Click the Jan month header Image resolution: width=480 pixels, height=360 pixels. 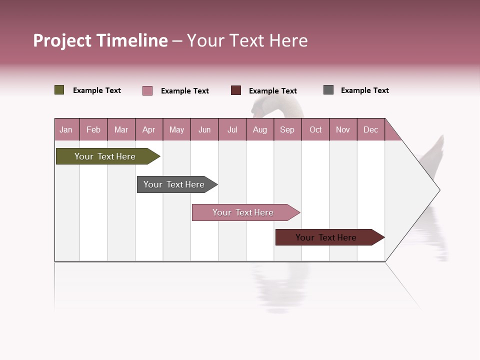[x=66, y=129]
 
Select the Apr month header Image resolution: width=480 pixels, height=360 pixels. [x=148, y=129]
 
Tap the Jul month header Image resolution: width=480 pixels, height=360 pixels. [x=232, y=129]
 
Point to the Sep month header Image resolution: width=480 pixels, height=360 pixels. [x=287, y=129]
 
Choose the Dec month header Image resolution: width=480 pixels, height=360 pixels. [x=370, y=129]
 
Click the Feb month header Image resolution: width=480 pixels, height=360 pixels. [x=93, y=129]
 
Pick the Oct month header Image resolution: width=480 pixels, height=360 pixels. [x=315, y=129]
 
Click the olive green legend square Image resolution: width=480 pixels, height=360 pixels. [x=59, y=90]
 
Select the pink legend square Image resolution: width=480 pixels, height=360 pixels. [x=147, y=90]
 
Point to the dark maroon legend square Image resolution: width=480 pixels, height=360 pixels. [x=236, y=90]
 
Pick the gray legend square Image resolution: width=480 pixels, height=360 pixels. [x=328, y=90]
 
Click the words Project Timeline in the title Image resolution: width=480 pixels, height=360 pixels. [x=100, y=40]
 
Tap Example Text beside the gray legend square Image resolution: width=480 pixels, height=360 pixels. [x=364, y=90]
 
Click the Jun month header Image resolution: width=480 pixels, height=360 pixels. [x=204, y=129]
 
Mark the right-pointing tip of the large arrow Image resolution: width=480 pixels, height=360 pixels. [x=439, y=190]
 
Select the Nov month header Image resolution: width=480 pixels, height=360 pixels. [x=343, y=129]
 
